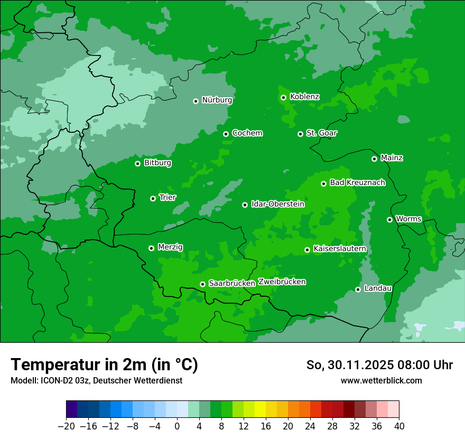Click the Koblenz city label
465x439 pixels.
coord(305,97)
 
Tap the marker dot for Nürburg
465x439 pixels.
coord(196,101)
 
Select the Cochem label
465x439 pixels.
coord(247,133)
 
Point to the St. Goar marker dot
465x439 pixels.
coord(300,134)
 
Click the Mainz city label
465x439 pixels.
coord(392,158)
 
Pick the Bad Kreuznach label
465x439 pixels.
coord(357,183)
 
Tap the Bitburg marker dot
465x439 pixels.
coord(137,163)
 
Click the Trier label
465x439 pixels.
coord(168,198)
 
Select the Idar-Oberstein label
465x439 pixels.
coord(278,204)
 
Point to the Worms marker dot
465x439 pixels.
coord(389,219)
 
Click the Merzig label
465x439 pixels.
coord(170,247)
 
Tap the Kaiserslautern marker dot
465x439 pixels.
coord(307,250)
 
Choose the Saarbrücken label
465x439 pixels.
coord(232,283)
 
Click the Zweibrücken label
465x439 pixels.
coord(282,282)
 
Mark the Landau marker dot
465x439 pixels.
coord(358,289)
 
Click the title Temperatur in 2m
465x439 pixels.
coord(104,365)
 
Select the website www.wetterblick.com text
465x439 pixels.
coord(381,381)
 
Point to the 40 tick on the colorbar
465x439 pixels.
coord(398,426)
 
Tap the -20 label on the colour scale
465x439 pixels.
coord(66,426)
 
